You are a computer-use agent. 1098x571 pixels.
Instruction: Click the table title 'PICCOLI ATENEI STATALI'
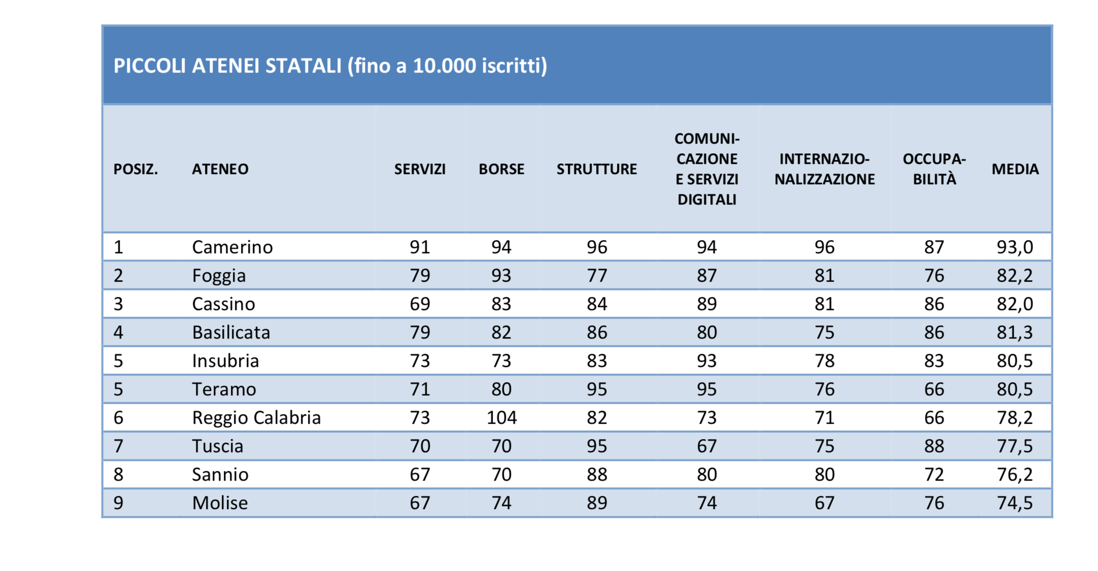(227, 66)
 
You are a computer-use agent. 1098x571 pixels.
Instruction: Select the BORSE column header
(501, 169)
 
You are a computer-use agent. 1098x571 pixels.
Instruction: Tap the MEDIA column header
(1015, 169)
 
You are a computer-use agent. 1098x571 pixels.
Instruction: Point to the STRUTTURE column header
(597, 169)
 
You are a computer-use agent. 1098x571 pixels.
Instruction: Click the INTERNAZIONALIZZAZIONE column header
(825, 169)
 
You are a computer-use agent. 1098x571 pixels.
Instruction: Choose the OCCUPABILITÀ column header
(934, 169)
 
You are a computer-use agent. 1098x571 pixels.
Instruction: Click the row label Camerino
(232, 247)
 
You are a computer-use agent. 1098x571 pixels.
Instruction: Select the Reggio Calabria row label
(256, 418)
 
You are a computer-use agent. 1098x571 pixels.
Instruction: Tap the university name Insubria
(225, 361)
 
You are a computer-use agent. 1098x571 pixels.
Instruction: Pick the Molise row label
(220, 503)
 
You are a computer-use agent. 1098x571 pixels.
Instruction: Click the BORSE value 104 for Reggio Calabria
(501, 418)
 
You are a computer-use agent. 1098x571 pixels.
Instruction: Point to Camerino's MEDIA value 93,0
(1015, 247)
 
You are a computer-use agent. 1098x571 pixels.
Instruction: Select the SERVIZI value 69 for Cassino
(420, 304)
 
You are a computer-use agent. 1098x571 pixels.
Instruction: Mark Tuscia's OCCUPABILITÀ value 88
(934, 446)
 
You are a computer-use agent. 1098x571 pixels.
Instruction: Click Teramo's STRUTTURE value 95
(597, 389)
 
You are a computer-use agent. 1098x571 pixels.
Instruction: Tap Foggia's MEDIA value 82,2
(1015, 276)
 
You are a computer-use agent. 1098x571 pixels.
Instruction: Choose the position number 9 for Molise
(118, 503)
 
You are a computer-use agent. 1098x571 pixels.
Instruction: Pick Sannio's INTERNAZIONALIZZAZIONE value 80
(825, 475)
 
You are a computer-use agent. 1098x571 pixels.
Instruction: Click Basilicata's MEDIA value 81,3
(1015, 332)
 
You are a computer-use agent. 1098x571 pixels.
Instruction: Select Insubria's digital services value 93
(706, 361)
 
